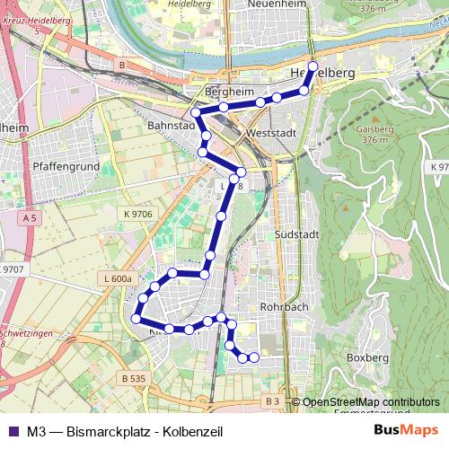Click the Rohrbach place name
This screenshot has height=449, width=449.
[x=283, y=306]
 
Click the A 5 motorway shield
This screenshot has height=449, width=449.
[x=31, y=218]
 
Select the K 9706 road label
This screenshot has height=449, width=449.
[x=135, y=214]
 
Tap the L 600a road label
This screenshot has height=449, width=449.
[x=119, y=279]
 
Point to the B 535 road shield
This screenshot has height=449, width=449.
[x=131, y=379]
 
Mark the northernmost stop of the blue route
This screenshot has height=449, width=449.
[x=313, y=66]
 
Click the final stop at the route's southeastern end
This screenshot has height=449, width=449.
[x=254, y=357]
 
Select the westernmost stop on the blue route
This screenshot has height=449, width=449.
[x=137, y=318]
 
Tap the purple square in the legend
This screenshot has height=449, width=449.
[x=13, y=431]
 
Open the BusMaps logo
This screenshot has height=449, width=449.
[x=405, y=430]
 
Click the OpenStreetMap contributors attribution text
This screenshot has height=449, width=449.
[x=371, y=402]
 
